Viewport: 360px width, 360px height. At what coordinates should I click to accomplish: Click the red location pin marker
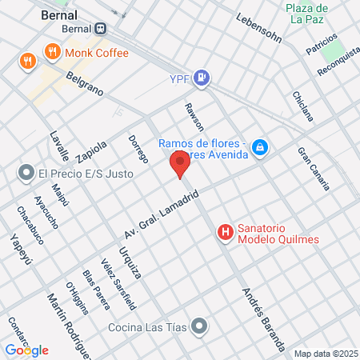click(180, 166)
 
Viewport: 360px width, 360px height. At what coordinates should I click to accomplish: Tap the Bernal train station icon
click(100, 28)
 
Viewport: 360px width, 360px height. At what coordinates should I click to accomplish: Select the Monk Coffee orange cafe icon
click(54, 53)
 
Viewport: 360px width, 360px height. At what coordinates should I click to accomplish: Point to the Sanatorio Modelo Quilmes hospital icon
click(226, 233)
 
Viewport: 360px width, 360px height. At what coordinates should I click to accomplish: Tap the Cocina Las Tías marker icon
click(199, 326)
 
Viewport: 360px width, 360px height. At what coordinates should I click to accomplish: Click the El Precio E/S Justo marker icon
click(26, 173)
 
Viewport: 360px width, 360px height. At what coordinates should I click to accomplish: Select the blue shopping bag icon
click(259, 148)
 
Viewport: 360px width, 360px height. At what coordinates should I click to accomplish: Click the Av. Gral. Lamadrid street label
click(160, 210)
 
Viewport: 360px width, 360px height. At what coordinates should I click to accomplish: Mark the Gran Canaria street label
click(313, 169)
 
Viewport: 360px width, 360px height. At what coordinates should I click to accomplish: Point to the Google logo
click(26, 350)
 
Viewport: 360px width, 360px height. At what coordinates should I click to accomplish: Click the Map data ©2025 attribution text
click(325, 354)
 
